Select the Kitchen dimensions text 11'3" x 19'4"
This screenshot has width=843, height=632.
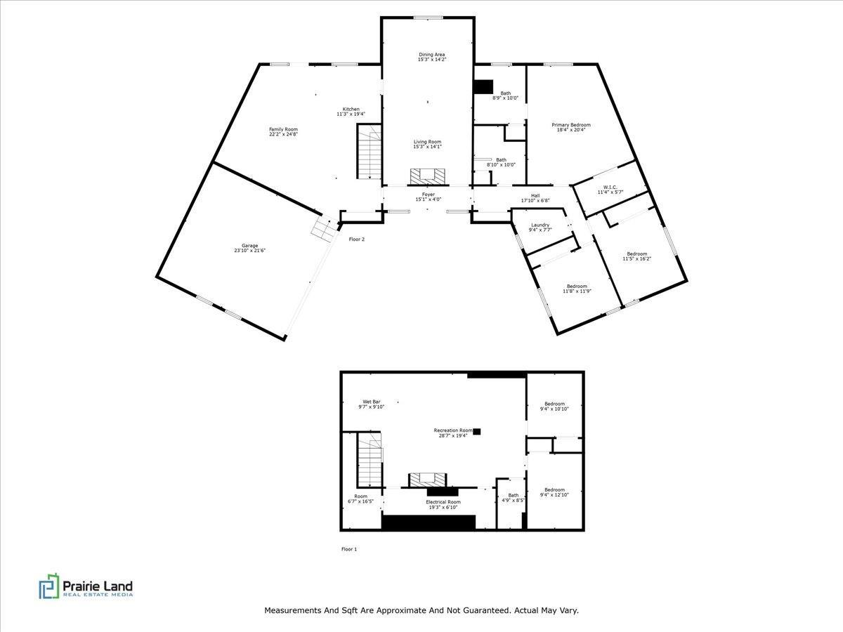351,114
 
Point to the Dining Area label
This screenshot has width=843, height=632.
431,55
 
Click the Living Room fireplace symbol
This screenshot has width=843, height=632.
428,176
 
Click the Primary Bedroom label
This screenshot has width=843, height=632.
571,125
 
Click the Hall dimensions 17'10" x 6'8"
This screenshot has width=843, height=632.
535,200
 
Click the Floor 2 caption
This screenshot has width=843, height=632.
356,239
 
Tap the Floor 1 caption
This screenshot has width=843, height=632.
349,549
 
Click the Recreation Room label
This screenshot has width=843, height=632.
453,430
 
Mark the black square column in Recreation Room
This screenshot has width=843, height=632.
476,431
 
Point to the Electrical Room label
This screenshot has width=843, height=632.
443,501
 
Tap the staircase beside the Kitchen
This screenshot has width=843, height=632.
370,152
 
